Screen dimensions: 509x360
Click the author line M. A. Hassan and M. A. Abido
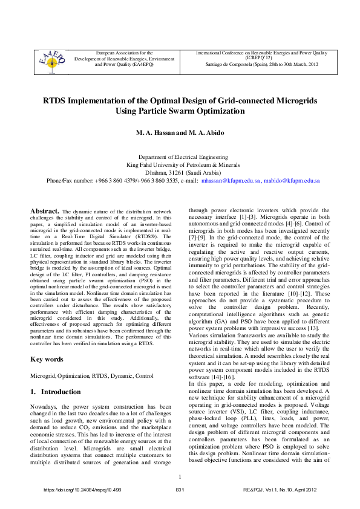tap(180, 132)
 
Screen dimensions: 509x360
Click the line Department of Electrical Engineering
tap(180, 157)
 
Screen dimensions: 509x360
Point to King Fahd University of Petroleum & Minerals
tap(180, 164)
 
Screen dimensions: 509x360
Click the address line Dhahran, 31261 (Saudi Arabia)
tap(180, 172)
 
